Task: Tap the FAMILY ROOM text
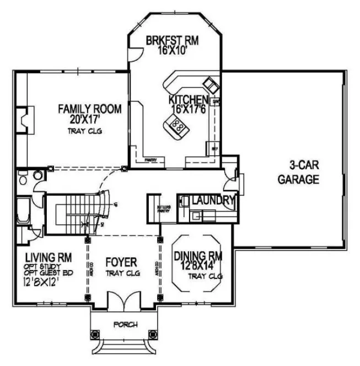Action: (x=89, y=109)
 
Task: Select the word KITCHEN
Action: (x=188, y=100)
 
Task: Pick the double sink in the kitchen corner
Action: (x=211, y=84)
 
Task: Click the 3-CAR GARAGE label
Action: (x=298, y=172)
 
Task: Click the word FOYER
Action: (x=121, y=262)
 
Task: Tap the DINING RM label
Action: (x=197, y=256)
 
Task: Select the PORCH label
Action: (x=125, y=324)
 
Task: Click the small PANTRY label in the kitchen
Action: (x=151, y=160)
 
